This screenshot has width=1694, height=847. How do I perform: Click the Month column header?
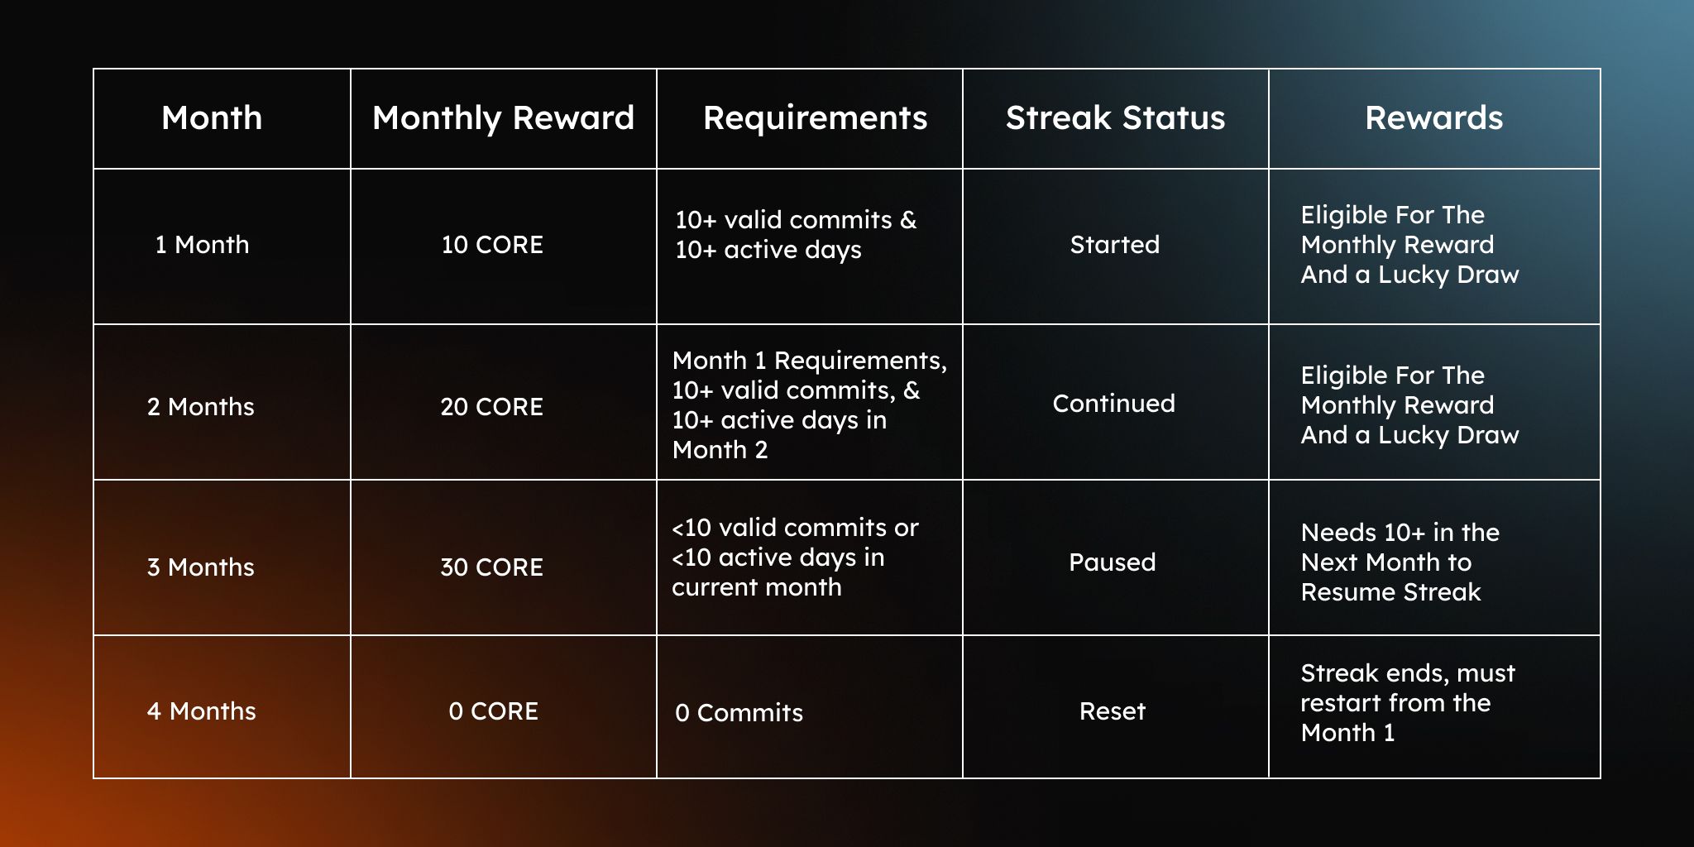tap(212, 118)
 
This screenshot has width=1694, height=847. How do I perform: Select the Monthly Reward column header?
tap(503, 118)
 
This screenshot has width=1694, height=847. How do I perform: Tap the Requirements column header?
tap(815, 118)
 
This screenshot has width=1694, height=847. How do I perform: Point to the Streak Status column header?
tap(1115, 118)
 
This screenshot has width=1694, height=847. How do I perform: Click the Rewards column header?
tap(1433, 118)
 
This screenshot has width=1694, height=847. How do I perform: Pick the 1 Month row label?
tap(202, 245)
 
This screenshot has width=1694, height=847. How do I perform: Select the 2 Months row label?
tap(201, 407)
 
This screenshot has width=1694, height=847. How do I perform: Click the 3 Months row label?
tap(201, 567)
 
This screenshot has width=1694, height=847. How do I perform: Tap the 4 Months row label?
tap(202, 711)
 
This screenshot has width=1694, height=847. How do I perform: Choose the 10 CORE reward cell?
tap(492, 245)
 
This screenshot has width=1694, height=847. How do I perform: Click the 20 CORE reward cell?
tap(492, 407)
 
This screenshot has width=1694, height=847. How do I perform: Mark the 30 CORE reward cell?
tap(492, 567)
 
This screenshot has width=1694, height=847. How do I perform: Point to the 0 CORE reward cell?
tap(494, 711)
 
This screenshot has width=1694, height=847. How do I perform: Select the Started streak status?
tap(1115, 245)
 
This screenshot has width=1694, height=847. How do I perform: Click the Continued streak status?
tap(1113, 404)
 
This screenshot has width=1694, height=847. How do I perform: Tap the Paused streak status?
tap(1113, 562)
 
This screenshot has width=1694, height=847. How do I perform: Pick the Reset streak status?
tap(1113, 711)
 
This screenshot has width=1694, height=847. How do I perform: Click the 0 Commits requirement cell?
tap(739, 713)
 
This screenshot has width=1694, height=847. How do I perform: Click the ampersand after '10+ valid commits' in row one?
tap(908, 220)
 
